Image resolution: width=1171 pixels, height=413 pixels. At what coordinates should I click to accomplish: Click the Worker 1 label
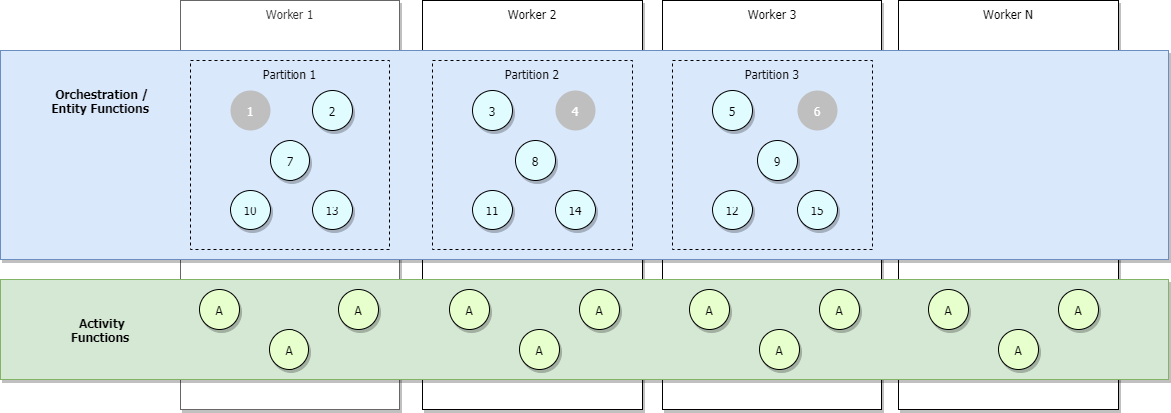pos(290,15)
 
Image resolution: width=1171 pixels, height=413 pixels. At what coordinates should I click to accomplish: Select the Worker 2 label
pos(532,15)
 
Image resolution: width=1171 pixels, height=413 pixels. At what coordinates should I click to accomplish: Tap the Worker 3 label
pos(772,15)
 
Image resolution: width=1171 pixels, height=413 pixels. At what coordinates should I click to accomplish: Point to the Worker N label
pos(1008,15)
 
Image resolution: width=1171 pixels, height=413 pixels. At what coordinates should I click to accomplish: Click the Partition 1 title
pos(290,75)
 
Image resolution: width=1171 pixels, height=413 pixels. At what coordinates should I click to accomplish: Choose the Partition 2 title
pos(532,75)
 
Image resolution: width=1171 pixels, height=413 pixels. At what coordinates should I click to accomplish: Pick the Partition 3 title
pos(772,75)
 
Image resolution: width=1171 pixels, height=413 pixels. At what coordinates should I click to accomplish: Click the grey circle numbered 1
pos(250,111)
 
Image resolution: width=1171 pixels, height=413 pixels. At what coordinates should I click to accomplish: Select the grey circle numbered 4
pos(575,111)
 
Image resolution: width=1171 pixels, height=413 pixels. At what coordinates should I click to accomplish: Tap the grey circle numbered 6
pos(817,111)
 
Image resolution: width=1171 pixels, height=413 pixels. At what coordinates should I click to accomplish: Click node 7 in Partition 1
pos(290,161)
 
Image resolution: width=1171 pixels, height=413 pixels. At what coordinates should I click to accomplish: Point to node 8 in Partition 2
pos(535,161)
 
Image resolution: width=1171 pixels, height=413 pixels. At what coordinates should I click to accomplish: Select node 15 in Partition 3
pos(817,210)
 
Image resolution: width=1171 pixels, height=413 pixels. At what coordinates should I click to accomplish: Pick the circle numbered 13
pos(332,210)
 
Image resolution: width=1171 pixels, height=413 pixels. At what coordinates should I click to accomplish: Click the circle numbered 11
pos(492,210)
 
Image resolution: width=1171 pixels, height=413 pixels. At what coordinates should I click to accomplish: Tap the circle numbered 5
pos(732,111)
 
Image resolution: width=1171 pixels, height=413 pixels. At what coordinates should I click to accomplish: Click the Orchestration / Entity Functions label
pos(100,101)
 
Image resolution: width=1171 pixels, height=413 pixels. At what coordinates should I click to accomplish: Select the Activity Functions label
pos(100,330)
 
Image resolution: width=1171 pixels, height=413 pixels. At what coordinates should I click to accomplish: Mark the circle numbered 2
pos(332,111)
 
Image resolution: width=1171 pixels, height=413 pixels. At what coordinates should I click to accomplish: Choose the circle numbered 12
pos(732,210)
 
